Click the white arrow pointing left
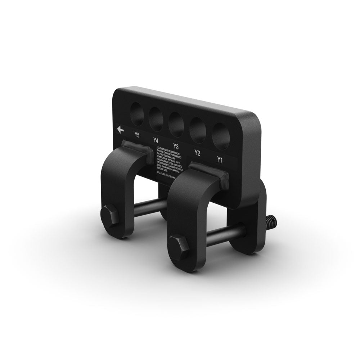coord(120,130)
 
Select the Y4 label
coord(156,140)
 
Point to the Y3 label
coord(176,146)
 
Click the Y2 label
coord(197,153)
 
